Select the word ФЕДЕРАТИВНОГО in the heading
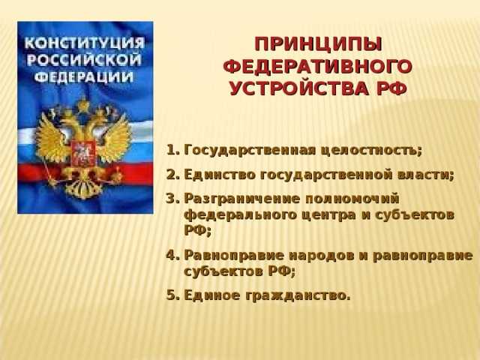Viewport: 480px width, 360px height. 318,66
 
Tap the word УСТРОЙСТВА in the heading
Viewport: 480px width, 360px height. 297,89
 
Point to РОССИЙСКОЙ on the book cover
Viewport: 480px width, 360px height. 84,58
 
